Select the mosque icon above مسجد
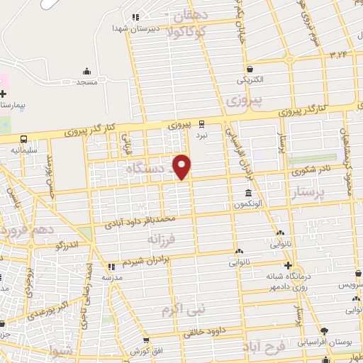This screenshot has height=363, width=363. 86,71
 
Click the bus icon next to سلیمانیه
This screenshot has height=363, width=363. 24,139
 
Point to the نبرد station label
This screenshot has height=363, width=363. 202,133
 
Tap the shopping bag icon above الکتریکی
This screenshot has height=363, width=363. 249,67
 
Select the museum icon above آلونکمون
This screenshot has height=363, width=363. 248,194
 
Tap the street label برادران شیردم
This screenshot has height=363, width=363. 145,262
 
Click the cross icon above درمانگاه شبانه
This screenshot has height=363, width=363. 287,265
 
